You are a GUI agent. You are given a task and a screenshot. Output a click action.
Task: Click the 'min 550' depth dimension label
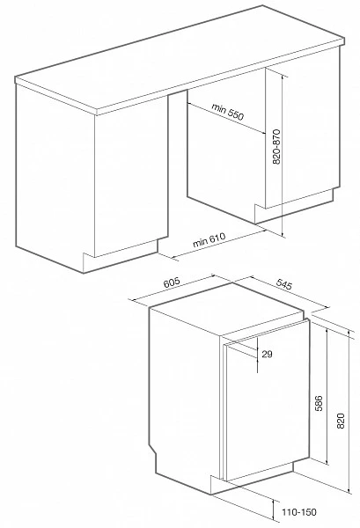pyautogui.click(x=227, y=112)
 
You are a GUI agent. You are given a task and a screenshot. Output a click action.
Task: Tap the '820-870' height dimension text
pyautogui.click(x=276, y=146)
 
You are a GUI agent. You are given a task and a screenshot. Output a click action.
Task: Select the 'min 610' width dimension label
pyautogui.click(x=209, y=239)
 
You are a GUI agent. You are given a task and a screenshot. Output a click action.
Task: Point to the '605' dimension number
pyautogui.click(x=172, y=282)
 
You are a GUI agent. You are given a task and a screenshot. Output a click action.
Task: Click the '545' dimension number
pyautogui.click(x=284, y=284)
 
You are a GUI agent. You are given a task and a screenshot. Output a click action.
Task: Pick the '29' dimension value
pyautogui.click(x=267, y=354)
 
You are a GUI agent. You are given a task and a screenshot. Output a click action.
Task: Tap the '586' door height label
pyautogui.click(x=319, y=403)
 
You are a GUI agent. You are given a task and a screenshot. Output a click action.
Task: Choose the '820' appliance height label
pyautogui.click(x=341, y=421)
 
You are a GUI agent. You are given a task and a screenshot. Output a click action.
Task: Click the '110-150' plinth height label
pyautogui.click(x=299, y=512)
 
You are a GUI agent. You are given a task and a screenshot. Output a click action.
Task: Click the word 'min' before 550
pyautogui.click(x=218, y=107)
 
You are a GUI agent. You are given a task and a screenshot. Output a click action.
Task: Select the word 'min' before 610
pyautogui.click(x=199, y=243)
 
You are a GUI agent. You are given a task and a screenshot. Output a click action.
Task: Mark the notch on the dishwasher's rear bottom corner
pyautogui.click(x=153, y=451)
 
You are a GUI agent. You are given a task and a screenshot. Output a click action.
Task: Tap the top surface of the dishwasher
pyautogui.click(x=226, y=310)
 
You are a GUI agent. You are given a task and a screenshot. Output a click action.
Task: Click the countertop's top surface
pyautogui.click(x=179, y=57)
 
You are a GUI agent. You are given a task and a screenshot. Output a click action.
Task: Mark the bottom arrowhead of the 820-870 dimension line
pyautogui.click(x=283, y=233)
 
